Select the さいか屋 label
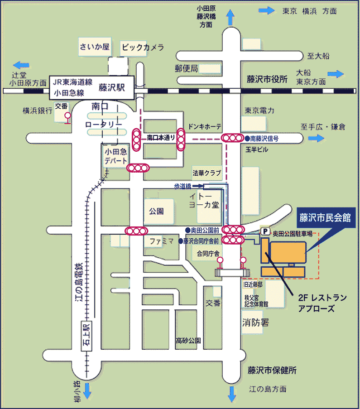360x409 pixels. coord(95,47)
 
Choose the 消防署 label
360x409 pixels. coord(255,323)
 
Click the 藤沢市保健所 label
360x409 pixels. coord(272,370)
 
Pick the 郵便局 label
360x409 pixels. coord(187,68)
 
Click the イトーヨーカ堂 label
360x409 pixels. coord(203,200)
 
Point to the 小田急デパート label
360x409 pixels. coord(113,156)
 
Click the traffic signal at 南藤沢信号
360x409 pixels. coord(232,138)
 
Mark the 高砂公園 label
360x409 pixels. coord(188,340)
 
